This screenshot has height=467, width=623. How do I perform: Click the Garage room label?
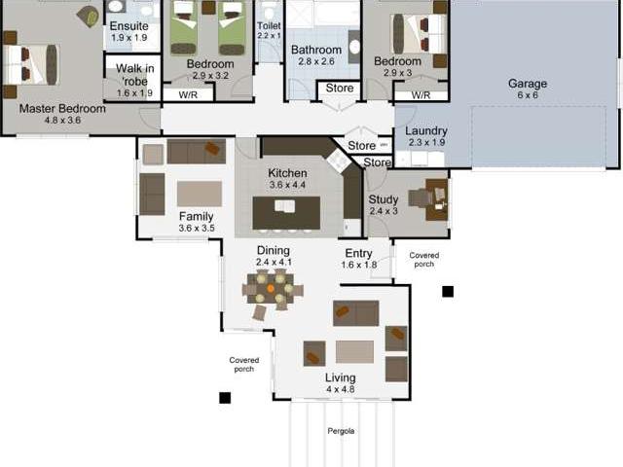528,84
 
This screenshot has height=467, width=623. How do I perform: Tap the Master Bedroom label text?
62,108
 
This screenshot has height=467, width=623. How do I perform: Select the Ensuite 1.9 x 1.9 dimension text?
129,38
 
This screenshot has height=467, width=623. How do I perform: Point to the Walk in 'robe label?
135,75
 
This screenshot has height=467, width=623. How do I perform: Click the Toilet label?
269,25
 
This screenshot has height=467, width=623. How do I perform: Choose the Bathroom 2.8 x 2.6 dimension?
316,61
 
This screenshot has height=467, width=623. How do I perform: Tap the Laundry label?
426,130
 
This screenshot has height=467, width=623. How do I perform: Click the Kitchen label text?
287,173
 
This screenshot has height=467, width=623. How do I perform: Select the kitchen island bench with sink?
286,212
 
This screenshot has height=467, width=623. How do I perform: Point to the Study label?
384,199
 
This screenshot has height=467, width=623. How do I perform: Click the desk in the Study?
437,199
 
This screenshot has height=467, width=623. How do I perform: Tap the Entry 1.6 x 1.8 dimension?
359,265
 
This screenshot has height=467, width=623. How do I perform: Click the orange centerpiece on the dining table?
271,289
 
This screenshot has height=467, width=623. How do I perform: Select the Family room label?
196,216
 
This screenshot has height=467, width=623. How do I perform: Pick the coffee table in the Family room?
200,194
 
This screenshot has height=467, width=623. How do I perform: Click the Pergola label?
341,431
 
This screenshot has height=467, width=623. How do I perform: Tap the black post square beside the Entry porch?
448,292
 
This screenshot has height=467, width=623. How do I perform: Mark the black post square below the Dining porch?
225,398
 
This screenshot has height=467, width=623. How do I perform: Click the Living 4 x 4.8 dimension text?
341,389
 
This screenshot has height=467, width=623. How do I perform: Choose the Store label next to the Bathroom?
340,88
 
